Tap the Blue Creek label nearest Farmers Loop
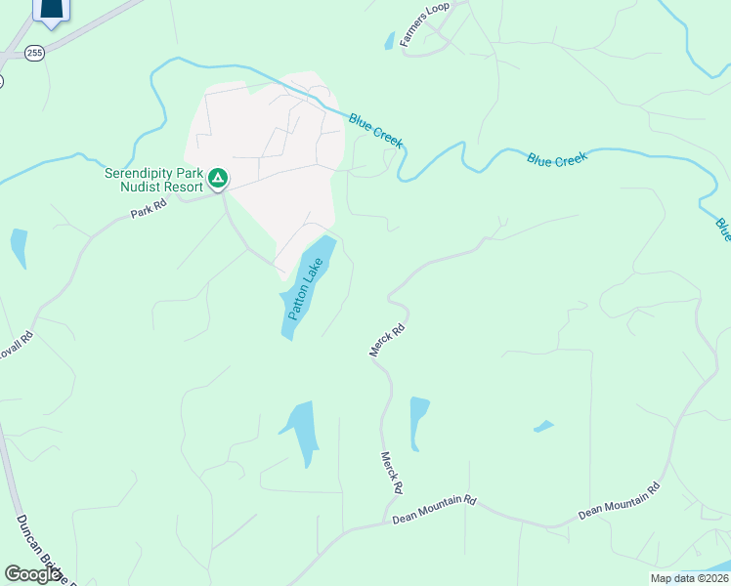[x=376, y=132]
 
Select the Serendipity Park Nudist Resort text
[x=154, y=180]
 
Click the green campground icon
[x=219, y=178]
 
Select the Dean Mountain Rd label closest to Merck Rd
[x=434, y=509]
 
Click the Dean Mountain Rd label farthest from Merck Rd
[x=620, y=499]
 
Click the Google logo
[x=33, y=574]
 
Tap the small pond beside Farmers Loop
[x=389, y=41]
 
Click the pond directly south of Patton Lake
[x=301, y=431]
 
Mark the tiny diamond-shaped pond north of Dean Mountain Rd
[x=543, y=426]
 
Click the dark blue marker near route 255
[x=52, y=10]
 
